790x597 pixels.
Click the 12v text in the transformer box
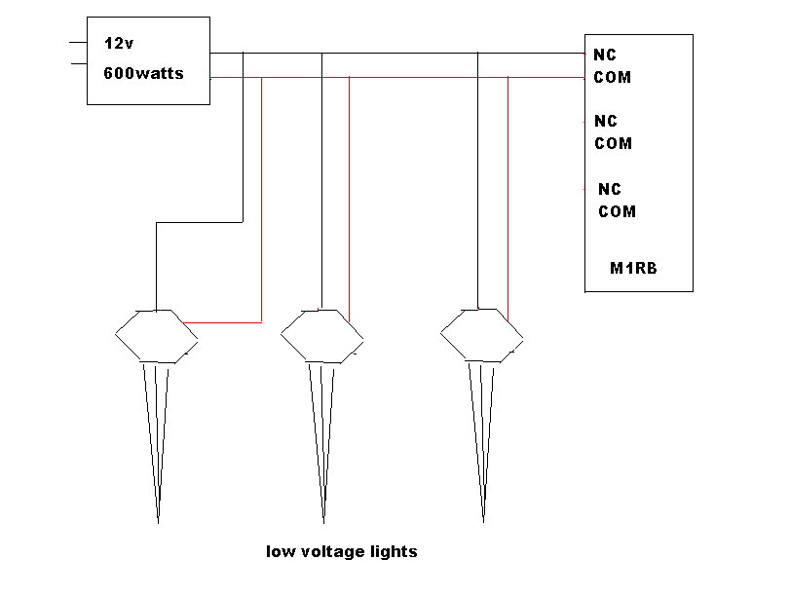point(119,45)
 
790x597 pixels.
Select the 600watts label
point(143,73)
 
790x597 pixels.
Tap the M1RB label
point(633,268)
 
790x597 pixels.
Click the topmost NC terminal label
point(605,56)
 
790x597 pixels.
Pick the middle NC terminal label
point(606,122)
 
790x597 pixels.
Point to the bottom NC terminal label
point(609,189)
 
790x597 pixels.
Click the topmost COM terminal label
point(613,77)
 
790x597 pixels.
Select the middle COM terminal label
point(614,143)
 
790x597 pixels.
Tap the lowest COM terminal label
point(617,211)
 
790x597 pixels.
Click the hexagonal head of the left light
point(156,336)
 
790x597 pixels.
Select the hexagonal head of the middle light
point(322,336)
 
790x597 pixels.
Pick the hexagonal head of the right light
point(481,336)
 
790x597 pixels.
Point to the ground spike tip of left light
point(158,521)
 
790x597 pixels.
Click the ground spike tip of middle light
point(322,521)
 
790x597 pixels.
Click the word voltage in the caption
point(329,552)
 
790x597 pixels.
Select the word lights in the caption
point(394,552)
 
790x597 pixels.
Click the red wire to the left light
point(261,195)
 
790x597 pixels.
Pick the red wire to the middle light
point(349,195)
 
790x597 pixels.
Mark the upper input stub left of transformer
point(78,43)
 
